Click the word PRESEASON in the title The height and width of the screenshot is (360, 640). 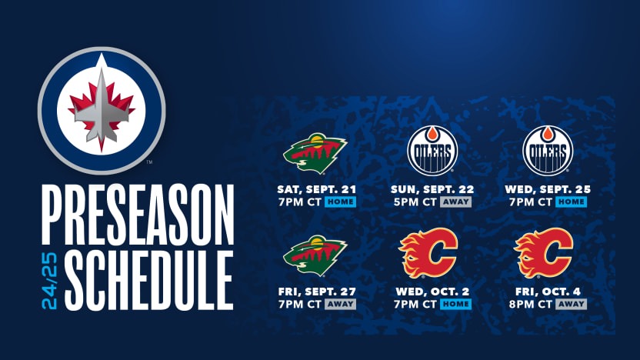click(137, 216)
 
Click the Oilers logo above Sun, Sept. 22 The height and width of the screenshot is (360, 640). click(432, 150)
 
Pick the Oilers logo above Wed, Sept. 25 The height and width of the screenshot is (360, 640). click(548, 150)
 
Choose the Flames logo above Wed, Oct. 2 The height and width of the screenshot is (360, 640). click(429, 253)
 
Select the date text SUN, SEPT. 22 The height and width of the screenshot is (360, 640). click(432, 189)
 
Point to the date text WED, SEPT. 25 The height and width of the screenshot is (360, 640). click(548, 189)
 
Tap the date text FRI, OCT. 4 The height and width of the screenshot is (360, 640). click(548, 292)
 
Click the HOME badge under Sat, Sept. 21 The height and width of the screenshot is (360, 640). click(340, 202)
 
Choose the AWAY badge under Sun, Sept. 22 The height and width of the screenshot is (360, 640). click(455, 202)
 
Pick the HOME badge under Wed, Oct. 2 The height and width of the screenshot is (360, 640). click(455, 304)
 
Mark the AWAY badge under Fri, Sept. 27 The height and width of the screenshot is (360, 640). click(340, 304)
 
